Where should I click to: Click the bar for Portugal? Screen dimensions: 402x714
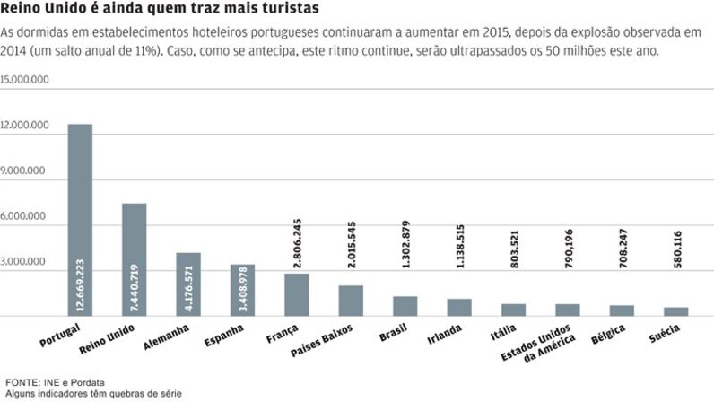point(80,220)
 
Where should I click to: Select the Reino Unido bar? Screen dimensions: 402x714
point(134,259)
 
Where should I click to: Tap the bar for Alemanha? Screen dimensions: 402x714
point(187,284)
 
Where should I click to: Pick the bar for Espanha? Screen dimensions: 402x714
point(242,290)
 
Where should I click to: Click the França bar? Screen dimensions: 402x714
point(296,294)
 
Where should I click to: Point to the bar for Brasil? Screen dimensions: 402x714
point(405,306)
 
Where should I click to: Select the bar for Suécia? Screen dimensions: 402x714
point(675,311)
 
